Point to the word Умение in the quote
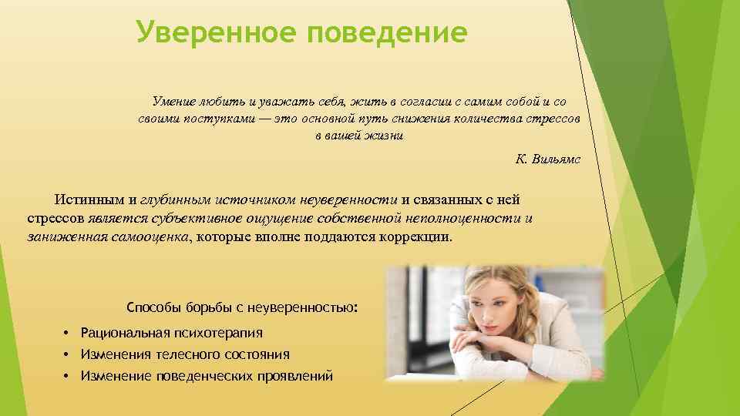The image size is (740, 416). click(x=173, y=102)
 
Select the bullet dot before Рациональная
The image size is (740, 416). click(x=67, y=333)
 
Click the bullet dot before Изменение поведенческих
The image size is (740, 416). click(x=67, y=376)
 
